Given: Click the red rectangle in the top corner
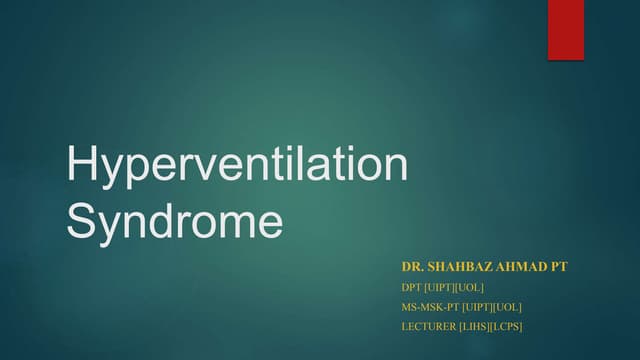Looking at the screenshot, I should (565, 30).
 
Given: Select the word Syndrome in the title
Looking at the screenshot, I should (174, 221).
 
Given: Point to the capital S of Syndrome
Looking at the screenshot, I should (80, 221).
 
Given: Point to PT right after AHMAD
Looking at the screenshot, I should (559, 268).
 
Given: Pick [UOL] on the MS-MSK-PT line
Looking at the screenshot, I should (508, 306).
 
